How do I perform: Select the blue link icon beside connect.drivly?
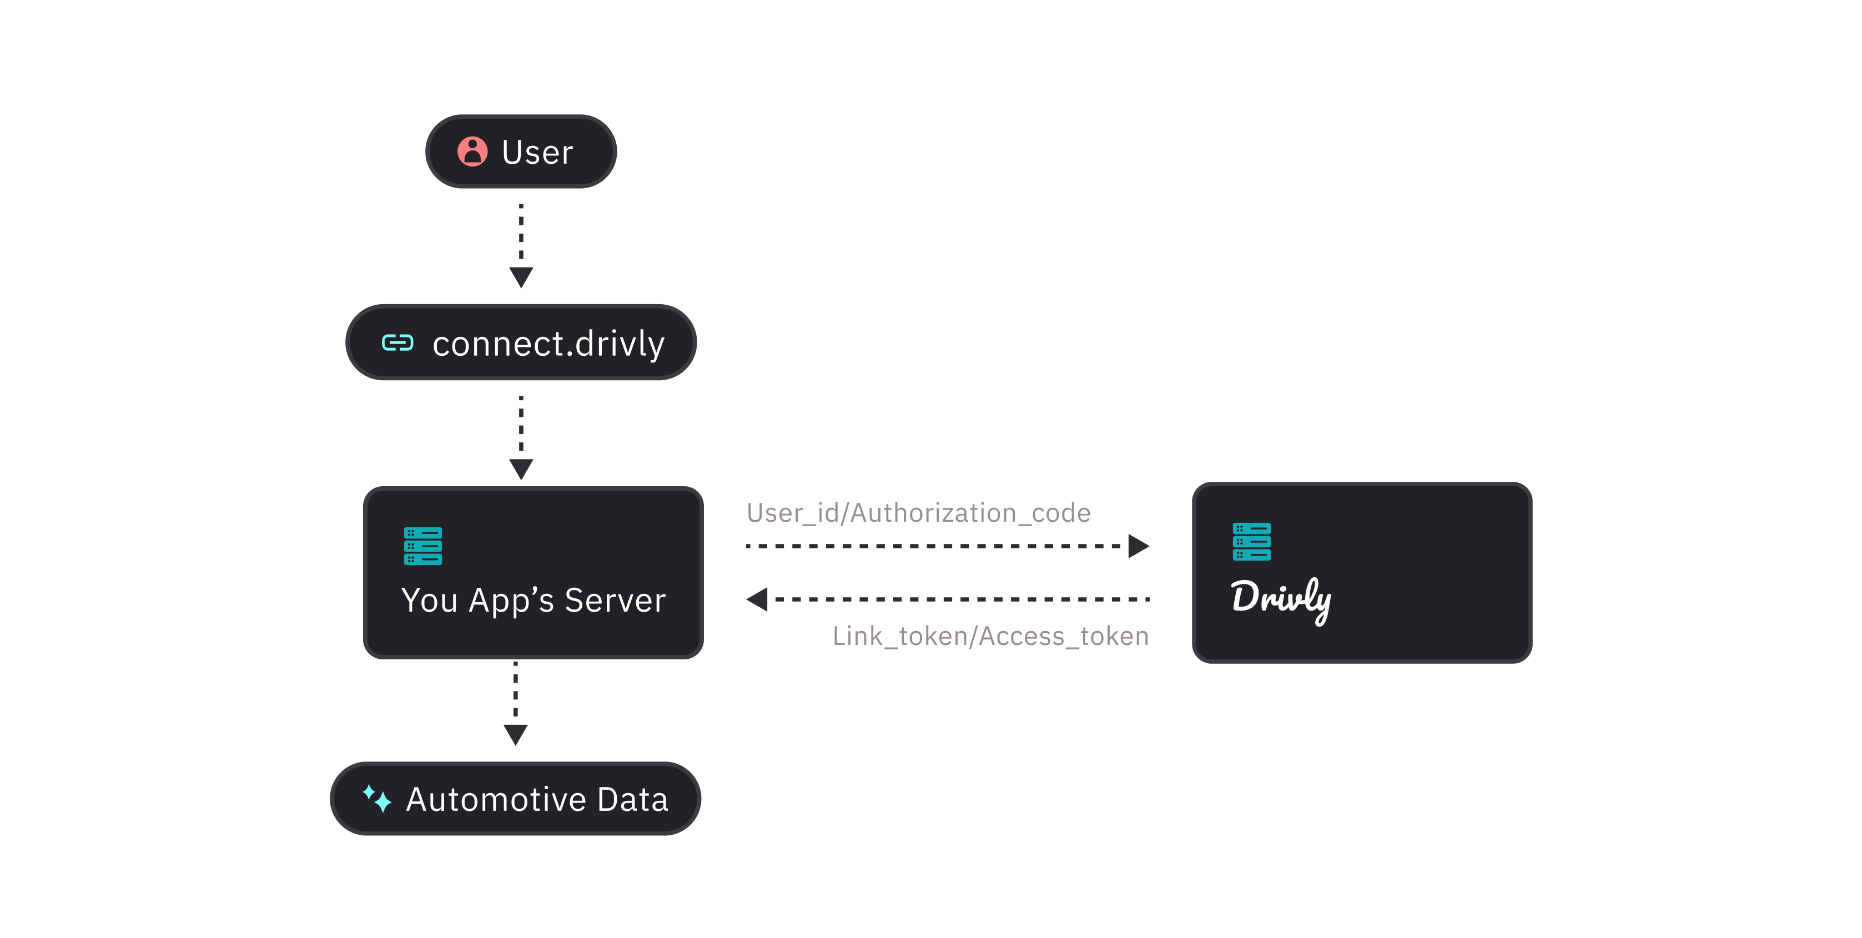[x=397, y=342]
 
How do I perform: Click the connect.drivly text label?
[x=548, y=343]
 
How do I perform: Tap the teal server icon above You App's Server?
[x=423, y=546]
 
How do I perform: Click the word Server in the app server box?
[x=615, y=601]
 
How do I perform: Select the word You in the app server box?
[x=429, y=601]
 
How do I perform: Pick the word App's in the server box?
[x=511, y=601]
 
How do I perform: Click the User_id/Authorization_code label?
[x=919, y=513]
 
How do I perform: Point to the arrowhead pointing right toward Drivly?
[x=1138, y=546]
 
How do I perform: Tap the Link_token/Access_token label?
[x=990, y=636]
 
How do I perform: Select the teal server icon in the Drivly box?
[x=1251, y=541]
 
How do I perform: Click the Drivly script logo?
[x=1281, y=599]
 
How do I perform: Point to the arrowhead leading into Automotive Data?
[x=515, y=734]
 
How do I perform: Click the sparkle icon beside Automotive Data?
[x=376, y=799]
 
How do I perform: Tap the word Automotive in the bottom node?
[x=496, y=799]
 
